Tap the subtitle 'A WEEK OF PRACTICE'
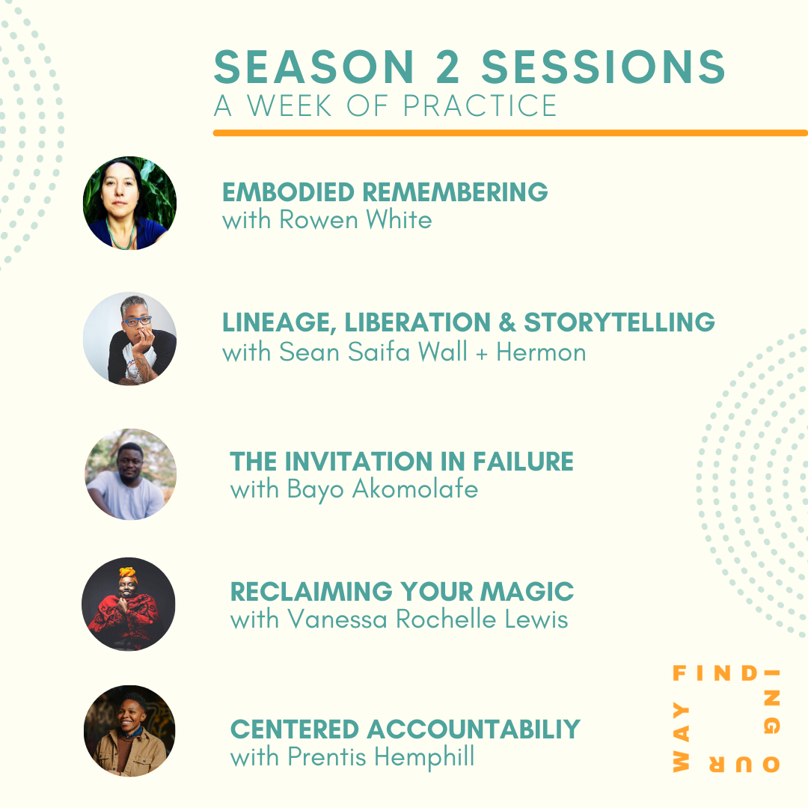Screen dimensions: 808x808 pyautogui.click(x=385, y=106)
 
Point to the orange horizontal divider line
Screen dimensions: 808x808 pyautogui.click(x=509, y=133)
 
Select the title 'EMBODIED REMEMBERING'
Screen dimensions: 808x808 pyautogui.click(x=385, y=192)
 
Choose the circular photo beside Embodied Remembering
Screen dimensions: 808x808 pyautogui.click(x=129, y=203)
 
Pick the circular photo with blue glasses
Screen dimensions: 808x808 pyautogui.click(x=129, y=338)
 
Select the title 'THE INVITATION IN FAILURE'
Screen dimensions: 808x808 pyautogui.click(x=402, y=462)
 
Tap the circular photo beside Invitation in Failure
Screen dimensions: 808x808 pyautogui.click(x=130, y=474)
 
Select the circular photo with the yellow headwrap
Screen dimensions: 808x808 pyautogui.click(x=129, y=604)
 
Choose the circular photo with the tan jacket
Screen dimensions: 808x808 pyautogui.click(x=129, y=730)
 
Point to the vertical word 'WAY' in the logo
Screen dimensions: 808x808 pyautogui.click(x=681, y=737)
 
